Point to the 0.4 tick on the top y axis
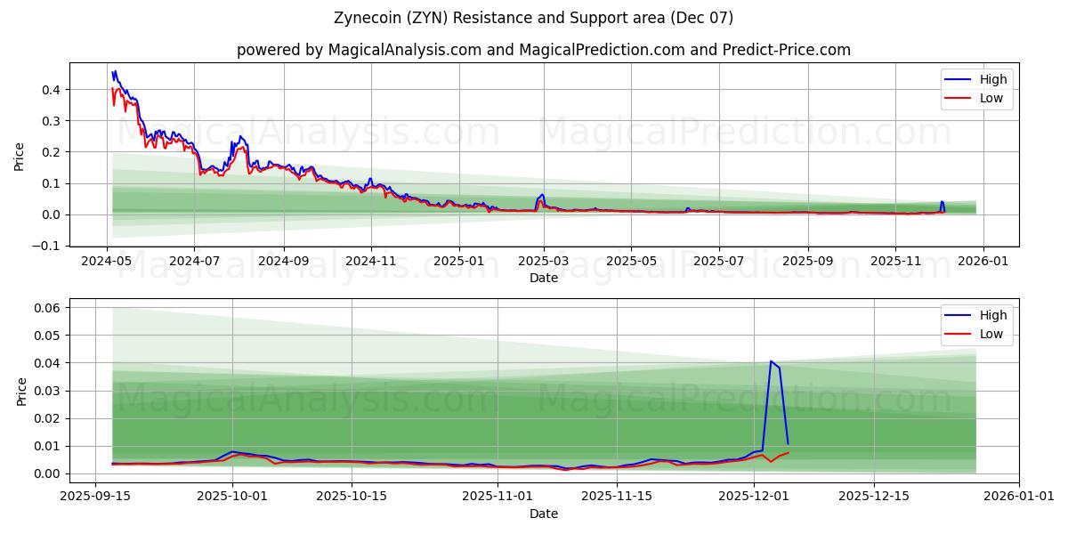52,90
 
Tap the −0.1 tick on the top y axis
48,246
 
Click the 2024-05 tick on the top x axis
108,261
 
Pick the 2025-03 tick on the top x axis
544,261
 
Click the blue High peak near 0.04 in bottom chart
771,361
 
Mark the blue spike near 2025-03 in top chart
542,194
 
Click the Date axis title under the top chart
544,278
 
